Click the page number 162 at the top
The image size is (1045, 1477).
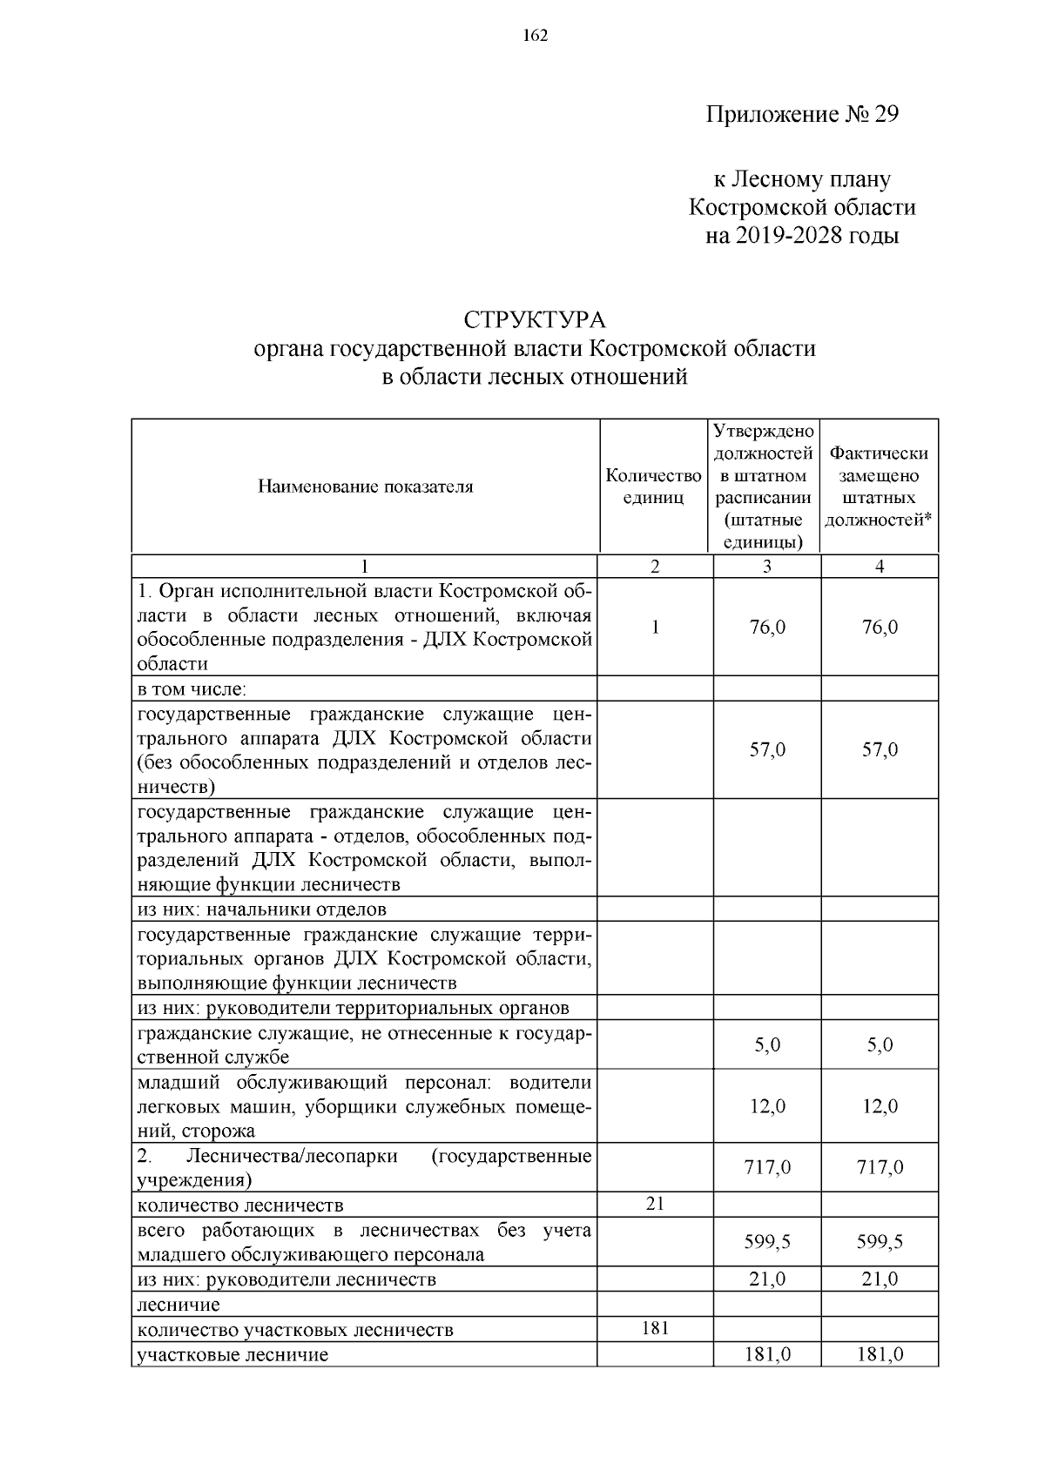point(535,36)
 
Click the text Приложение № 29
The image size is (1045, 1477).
point(801,115)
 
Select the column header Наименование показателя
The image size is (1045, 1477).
point(365,487)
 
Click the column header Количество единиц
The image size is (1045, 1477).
point(654,487)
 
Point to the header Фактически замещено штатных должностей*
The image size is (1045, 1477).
point(879,487)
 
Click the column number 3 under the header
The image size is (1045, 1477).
point(766,567)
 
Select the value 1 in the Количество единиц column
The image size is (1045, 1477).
point(655,627)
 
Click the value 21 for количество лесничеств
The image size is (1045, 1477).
point(655,1204)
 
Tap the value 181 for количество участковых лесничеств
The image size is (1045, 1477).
point(655,1328)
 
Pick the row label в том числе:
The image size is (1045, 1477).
point(192,689)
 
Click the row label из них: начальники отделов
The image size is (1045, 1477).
point(262,910)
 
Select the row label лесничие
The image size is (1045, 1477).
point(179,1304)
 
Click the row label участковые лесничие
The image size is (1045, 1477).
point(233,1354)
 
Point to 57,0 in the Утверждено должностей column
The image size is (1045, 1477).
point(767,749)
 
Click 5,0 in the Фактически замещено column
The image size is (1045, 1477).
point(880,1044)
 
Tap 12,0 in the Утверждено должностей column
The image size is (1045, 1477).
point(767,1106)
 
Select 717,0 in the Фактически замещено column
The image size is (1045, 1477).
point(880,1167)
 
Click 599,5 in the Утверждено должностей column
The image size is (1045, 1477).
point(767,1242)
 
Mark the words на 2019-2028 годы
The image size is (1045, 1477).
point(801,236)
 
